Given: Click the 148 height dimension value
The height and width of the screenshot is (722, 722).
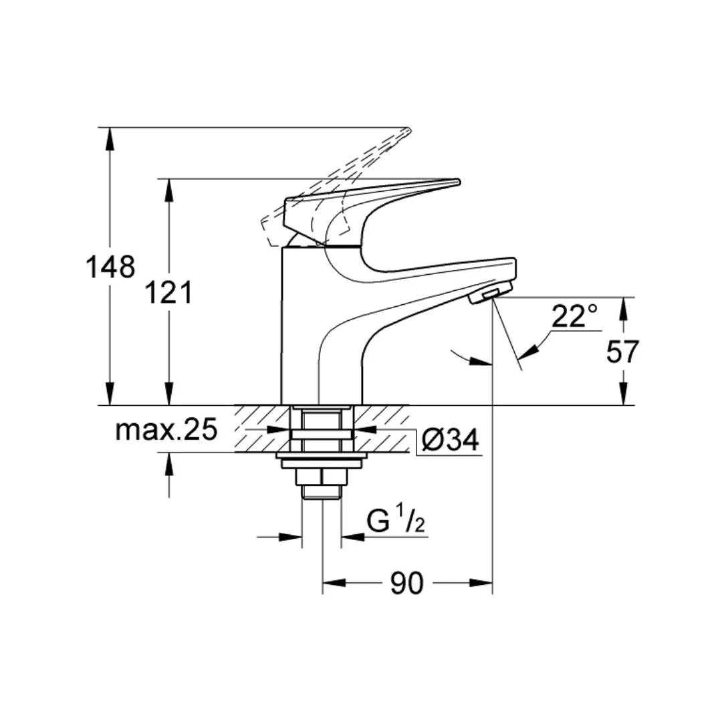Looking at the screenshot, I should [110, 267].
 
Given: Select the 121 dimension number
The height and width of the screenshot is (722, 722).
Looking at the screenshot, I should [169, 292].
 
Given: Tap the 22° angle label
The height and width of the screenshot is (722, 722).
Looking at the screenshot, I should [574, 316].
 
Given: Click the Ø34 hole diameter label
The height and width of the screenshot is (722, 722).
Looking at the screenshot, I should [451, 440].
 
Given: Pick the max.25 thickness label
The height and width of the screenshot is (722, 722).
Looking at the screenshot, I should [166, 431].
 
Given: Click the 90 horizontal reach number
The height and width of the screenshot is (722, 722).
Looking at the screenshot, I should [407, 584].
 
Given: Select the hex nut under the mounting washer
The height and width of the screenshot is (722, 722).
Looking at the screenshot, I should [322, 476].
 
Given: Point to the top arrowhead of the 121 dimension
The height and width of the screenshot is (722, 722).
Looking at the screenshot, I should [169, 190].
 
